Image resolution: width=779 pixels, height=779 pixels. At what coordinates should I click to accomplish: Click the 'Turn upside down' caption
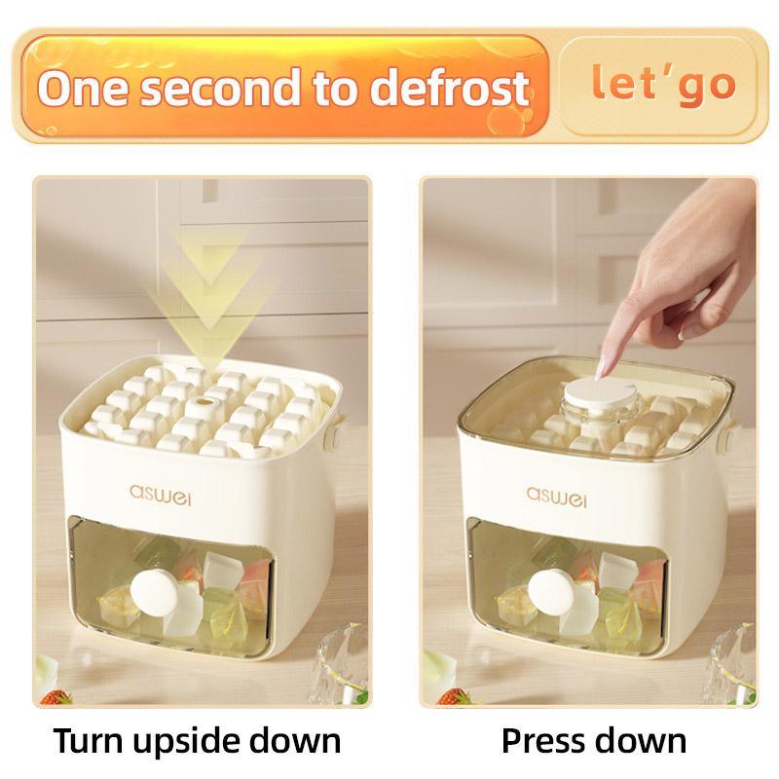coord(197,740)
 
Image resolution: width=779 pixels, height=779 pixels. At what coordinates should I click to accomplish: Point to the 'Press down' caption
coord(593,740)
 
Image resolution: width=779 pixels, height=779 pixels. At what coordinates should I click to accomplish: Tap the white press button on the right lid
coord(588,402)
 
